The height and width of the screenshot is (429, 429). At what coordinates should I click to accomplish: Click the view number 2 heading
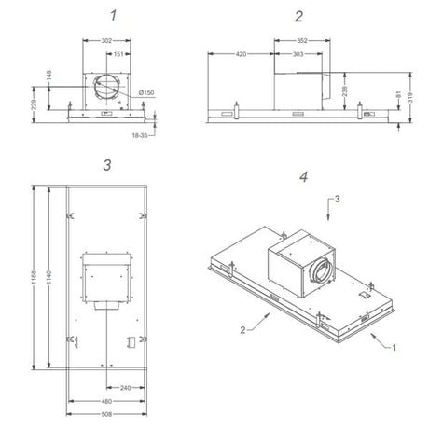pos(298,15)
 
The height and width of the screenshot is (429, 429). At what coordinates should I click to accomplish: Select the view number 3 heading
pos(107,164)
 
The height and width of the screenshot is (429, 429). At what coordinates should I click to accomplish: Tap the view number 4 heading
pos(304,175)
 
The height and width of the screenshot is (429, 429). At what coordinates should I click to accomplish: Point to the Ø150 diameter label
pos(148,93)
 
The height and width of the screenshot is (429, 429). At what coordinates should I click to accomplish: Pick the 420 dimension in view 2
pos(240,54)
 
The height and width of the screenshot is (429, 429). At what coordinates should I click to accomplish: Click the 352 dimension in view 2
pos(303,40)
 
